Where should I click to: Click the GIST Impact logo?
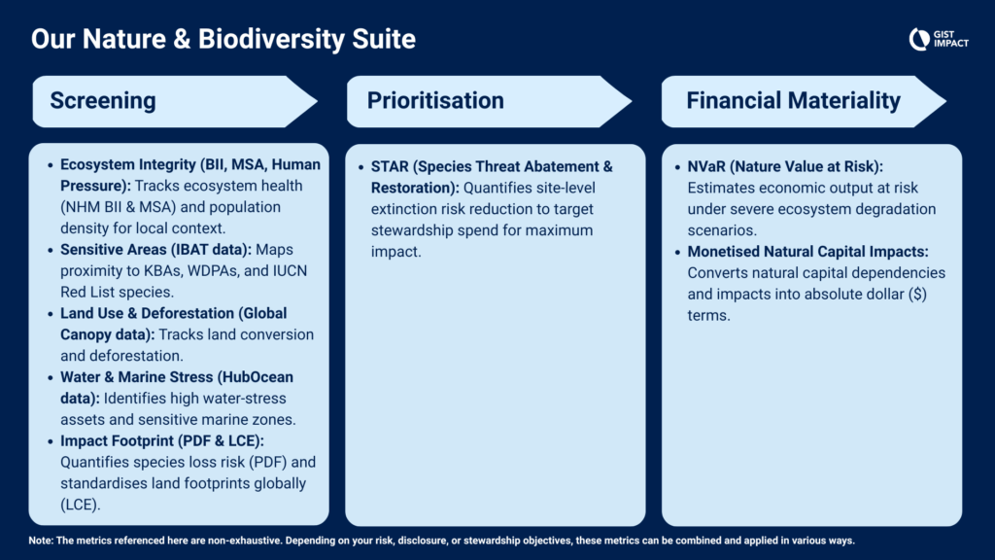pyautogui.click(x=939, y=39)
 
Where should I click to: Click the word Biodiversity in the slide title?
pyautogui.click(x=271, y=39)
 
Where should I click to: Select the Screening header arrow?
pyautogui.click(x=175, y=101)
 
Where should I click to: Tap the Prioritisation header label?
pyautogui.click(x=435, y=100)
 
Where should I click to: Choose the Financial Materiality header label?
pyautogui.click(x=793, y=100)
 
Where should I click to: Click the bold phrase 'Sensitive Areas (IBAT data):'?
pyautogui.click(x=155, y=250)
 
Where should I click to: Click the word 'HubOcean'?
pyautogui.click(x=256, y=377)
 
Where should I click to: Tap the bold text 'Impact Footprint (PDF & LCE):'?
pyautogui.click(x=162, y=440)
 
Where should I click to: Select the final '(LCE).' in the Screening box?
pyautogui.click(x=81, y=505)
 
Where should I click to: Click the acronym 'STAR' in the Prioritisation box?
pyautogui.click(x=390, y=166)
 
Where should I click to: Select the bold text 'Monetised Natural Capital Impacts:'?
pyautogui.click(x=807, y=252)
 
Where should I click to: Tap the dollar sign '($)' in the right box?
pyautogui.click(x=917, y=294)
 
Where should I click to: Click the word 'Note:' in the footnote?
pyautogui.click(x=41, y=541)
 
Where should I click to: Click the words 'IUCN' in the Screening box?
pyautogui.click(x=290, y=271)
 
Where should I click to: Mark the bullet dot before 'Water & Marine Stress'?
pyautogui.click(x=51, y=378)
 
